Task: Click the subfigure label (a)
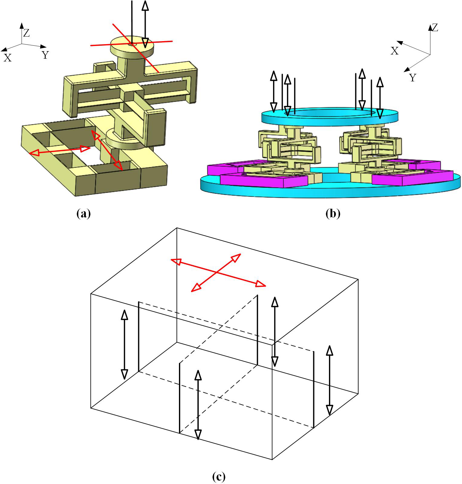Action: [x=84, y=214]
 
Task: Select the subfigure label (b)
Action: [x=333, y=214]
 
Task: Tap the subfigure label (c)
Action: [x=219, y=477]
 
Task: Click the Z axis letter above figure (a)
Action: [x=27, y=33]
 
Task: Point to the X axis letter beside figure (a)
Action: [x=7, y=58]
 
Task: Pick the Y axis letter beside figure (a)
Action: [x=45, y=55]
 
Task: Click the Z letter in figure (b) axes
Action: [x=435, y=28]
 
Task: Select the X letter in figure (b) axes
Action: [x=395, y=51]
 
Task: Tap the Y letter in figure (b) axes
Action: [x=413, y=78]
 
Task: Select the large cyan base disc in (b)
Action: [x=330, y=191]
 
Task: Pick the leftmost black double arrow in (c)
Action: [x=124, y=345]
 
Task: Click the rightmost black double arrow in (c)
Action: [x=330, y=381]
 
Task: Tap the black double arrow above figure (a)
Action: [x=145, y=24]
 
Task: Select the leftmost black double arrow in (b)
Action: [x=273, y=91]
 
